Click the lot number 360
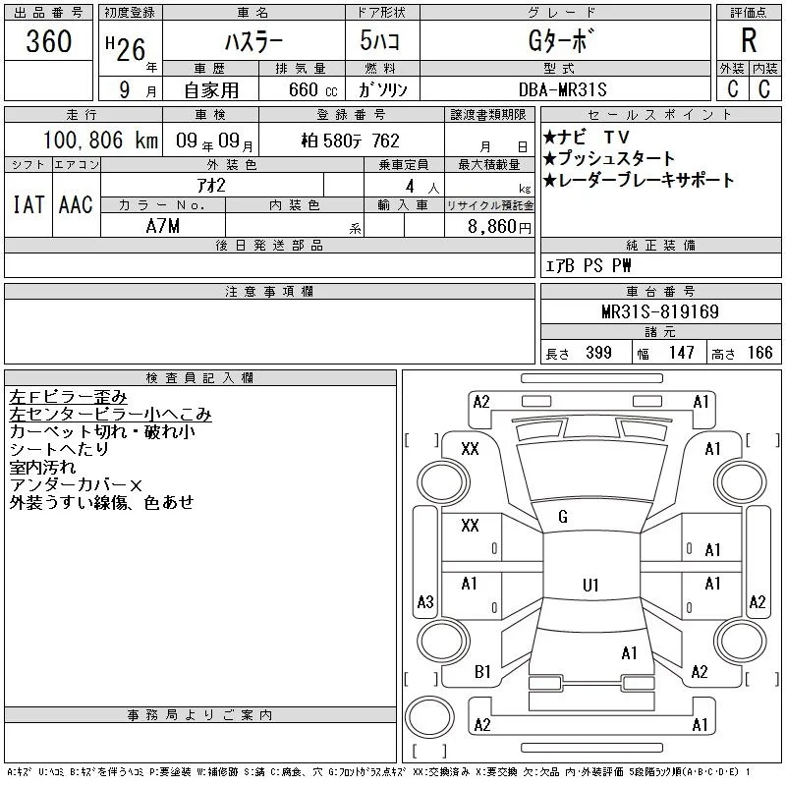(x=48, y=40)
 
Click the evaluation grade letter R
(x=749, y=40)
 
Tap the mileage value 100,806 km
(x=100, y=140)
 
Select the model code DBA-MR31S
(x=562, y=89)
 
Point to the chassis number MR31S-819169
(x=660, y=311)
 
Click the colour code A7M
(x=162, y=226)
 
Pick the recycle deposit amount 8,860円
(x=499, y=227)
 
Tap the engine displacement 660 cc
(x=313, y=89)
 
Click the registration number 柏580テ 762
(x=351, y=140)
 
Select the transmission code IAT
(x=28, y=204)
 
